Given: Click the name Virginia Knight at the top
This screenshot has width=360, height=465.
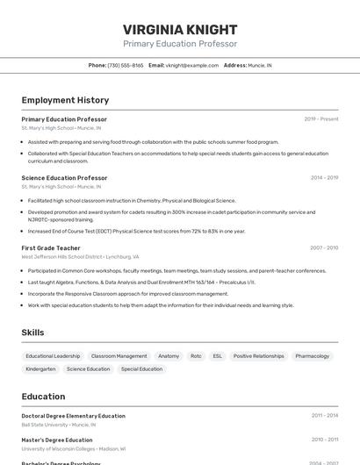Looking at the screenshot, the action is [180, 29].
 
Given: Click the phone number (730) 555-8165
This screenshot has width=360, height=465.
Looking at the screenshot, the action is [126, 65].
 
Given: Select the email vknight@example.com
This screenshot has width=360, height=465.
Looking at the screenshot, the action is [192, 65].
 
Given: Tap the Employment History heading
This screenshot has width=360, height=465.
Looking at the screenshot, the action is [65, 100].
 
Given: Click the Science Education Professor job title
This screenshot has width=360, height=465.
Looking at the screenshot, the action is [64, 178].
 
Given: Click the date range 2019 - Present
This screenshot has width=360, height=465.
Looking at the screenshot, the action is [320, 119].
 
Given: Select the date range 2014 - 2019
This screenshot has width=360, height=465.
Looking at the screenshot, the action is [324, 178].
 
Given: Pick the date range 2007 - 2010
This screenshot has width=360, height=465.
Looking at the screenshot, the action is [324, 248].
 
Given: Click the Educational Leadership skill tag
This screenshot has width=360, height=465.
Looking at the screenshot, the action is [53, 356].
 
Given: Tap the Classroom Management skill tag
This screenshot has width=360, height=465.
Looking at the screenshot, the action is [119, 356].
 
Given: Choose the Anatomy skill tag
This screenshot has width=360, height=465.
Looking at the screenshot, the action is [169, 356].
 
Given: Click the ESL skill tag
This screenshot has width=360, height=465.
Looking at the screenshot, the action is [218, 356].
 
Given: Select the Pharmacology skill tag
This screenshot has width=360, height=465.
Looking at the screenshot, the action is [313, 356].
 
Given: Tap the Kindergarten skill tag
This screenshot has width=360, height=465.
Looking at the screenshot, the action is [40, 369].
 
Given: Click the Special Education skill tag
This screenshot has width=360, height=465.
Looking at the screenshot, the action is [141, 369].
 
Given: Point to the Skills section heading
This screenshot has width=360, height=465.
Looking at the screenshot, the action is [32, 333].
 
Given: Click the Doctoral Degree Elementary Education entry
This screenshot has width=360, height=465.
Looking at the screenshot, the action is [73, 416].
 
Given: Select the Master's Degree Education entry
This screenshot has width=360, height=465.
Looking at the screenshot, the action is [57, 440].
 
